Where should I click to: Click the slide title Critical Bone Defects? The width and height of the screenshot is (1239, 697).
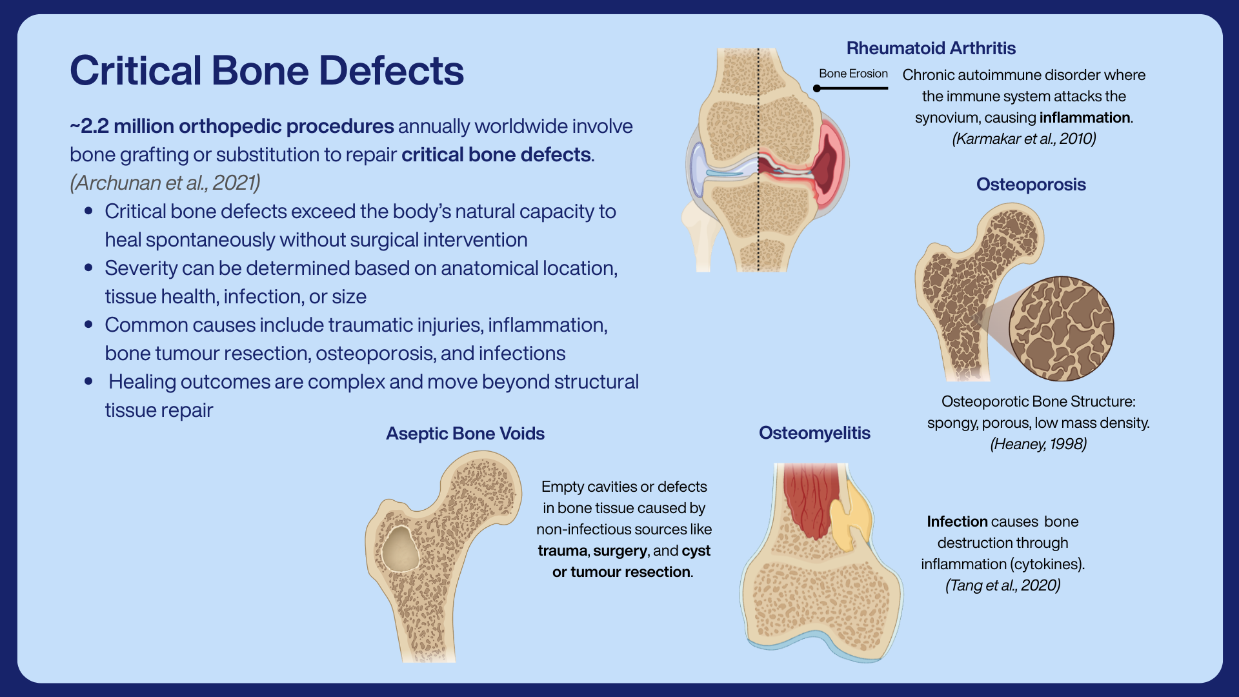267,70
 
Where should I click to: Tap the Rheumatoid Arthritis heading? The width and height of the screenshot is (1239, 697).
931,48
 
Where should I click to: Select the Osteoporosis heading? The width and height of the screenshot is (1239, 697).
1031,185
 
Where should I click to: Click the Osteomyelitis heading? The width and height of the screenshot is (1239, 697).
814,433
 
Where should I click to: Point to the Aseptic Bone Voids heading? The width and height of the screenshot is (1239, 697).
465,434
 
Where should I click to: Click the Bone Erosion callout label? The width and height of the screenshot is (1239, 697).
853,74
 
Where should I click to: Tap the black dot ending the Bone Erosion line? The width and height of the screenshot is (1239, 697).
817,88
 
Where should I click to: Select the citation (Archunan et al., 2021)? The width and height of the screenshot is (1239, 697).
165,183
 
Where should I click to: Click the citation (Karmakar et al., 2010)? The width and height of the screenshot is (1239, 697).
1024,139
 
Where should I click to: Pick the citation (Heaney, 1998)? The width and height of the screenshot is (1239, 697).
1038,444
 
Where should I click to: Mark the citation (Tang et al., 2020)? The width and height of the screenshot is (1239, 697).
1003,585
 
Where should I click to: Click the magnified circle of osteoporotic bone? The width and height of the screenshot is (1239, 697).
1062,328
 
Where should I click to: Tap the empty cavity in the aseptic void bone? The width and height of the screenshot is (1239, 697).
400,549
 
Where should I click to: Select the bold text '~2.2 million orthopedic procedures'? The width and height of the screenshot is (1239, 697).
232,126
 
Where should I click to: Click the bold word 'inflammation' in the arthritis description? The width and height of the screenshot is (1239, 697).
1085,117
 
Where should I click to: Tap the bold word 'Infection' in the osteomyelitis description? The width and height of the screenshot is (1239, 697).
957,521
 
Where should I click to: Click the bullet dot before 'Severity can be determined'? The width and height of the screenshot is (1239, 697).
88,267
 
